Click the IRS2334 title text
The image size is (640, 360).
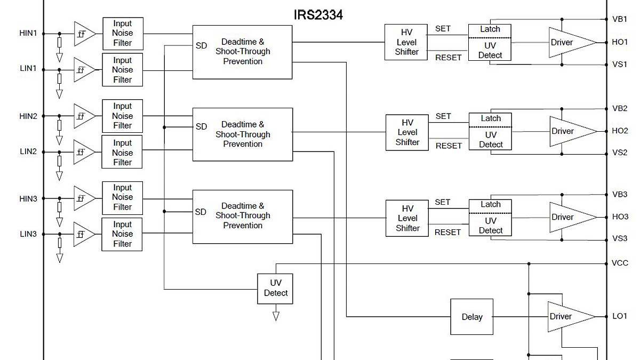(x=318, y=15)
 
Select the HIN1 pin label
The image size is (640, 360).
(x=28, y=33)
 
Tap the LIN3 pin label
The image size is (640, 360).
(x=28, y=234)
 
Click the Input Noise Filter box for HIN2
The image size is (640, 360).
(x=122, y=116)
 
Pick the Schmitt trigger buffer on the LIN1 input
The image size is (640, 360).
(x=84, y=70)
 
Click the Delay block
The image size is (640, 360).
(x=471, y=317)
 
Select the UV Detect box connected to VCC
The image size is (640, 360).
(x=275, y=289)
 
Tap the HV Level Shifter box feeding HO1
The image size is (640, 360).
(x=406, y=42)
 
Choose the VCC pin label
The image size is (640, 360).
(x=620, y=263)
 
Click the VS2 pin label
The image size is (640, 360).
(x=620, y=153)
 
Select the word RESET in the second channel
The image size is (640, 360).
(x=448, y=146)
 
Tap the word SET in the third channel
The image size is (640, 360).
(x=443, y=202)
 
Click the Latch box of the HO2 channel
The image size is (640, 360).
(x=491, y=118)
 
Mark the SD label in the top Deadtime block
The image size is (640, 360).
(x=201, y=46)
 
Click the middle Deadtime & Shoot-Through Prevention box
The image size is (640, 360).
(x=243, y=134)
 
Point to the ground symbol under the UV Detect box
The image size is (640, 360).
(x=276, y=316)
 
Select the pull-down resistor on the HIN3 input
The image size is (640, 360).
(x=59, y=207)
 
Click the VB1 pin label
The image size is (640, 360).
(x=620, y=19)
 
